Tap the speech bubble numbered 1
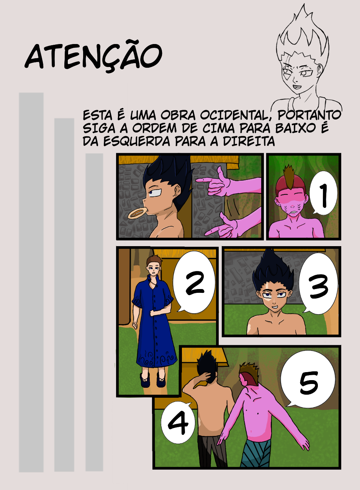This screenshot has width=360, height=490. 323,193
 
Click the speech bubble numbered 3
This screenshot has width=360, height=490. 318,284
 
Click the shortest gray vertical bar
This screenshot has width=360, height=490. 94,312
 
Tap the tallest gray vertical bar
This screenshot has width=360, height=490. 31,283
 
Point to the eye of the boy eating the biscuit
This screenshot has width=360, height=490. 155,193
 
